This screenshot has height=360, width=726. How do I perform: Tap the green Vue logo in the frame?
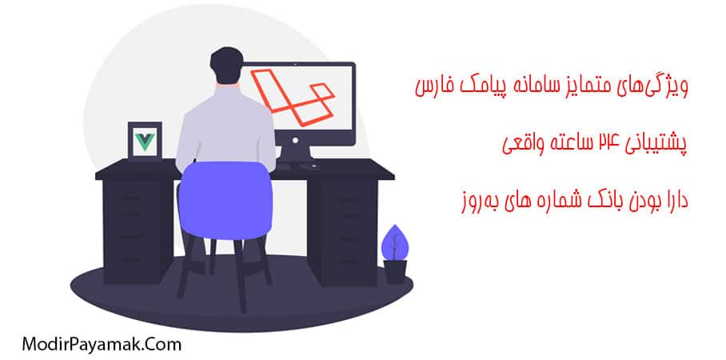coord(145,142)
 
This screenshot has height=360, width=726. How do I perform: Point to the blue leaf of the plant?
coord(393,242)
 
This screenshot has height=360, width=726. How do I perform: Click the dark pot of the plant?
coord(394,272)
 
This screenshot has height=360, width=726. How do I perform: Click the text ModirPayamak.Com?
coord(91,343)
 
